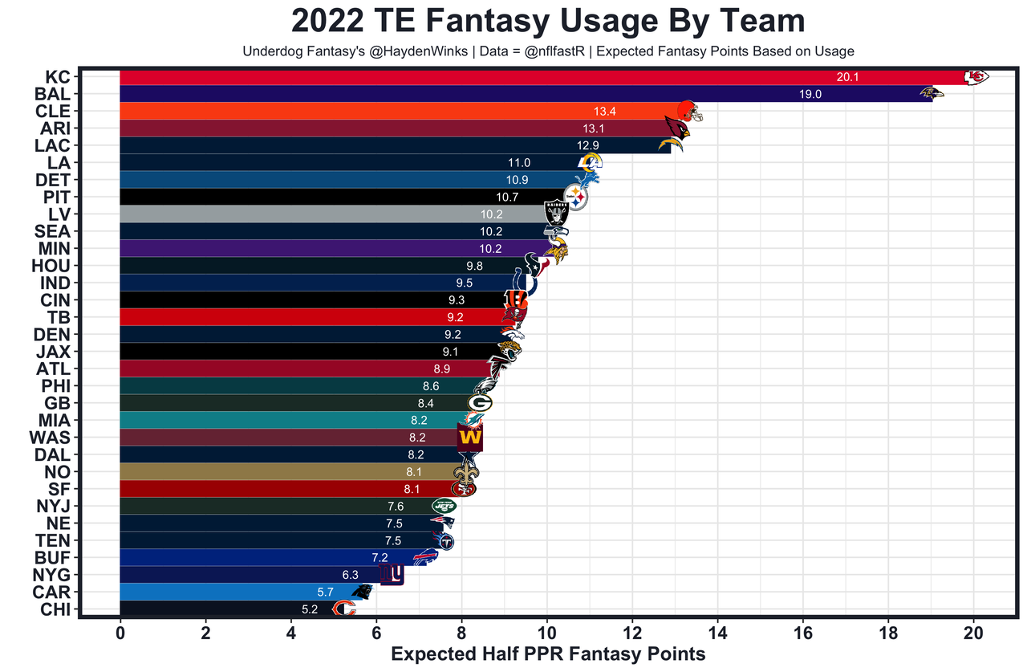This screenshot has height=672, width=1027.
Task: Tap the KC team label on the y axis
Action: tap(58, 77)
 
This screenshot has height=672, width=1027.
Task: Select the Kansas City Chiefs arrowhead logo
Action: tap(976, 77)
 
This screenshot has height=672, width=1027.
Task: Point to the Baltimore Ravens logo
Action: tap(932, 94)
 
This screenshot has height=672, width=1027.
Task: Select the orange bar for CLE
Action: tap(361, 111)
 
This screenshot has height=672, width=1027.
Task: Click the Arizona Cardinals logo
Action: tap(678, 128)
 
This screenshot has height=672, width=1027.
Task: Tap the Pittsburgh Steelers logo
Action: tap(575, 196)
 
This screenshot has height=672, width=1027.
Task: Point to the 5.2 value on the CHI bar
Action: tap(310, 609)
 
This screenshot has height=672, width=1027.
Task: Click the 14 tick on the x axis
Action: tap(717, 632)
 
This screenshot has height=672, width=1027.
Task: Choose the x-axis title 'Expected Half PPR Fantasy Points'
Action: tap(548, 654)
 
